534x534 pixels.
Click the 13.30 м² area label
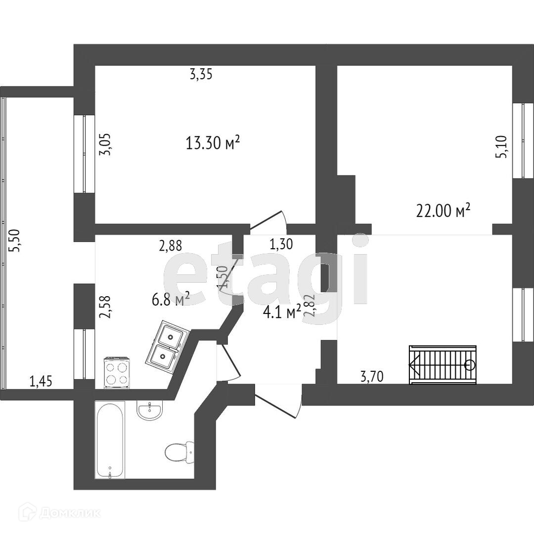click(x=213, y=143)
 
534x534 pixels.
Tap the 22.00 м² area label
click(x=443, y=211)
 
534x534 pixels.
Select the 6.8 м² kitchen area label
click(x=171, y=299)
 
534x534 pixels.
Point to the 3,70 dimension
click(x=372, y=377)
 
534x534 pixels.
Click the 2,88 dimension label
click(x=171, y=245)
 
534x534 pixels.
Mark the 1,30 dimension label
click(x=281, y=243)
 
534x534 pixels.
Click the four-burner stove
click(x=117, y=373)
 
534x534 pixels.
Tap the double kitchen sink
click(x=167, y=346)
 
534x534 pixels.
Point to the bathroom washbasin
click(x=150, y=410)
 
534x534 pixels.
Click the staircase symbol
click(x=443, y=364)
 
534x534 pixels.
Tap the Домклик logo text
click(x=69, y=513)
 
